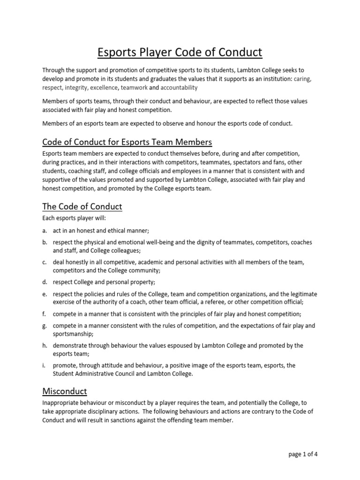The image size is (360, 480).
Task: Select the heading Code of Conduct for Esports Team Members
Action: coord(127,142)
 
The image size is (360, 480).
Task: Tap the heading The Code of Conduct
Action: coord(82,206)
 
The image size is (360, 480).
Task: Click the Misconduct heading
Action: coord(64,390)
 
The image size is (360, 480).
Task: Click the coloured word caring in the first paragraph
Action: coord(302,79)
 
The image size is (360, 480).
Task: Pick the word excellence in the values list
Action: coord(104,88)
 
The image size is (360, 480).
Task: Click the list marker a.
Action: coord(45,230)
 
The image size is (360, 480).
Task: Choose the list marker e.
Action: coord(45,294)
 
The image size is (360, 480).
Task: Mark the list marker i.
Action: coord(44,365)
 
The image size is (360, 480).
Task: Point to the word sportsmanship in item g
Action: coord(73,334)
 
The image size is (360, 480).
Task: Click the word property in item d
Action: coord(141,282)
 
